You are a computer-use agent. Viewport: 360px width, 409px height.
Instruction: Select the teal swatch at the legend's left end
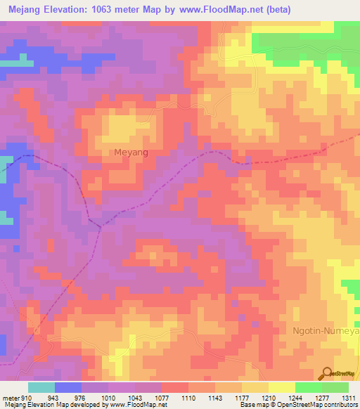pyautogui.click(x=41, y=387)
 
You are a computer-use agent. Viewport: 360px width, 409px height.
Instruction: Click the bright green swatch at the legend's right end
pyautogui.click(x=335, y=387)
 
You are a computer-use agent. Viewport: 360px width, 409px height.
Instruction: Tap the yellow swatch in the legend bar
pyautogui.click(x=281, y=387)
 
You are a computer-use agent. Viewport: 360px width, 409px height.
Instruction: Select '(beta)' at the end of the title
pyautogui.click(x=275, y=10)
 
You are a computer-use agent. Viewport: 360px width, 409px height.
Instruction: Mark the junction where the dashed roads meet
pyautogui.click(x=98, y=227)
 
